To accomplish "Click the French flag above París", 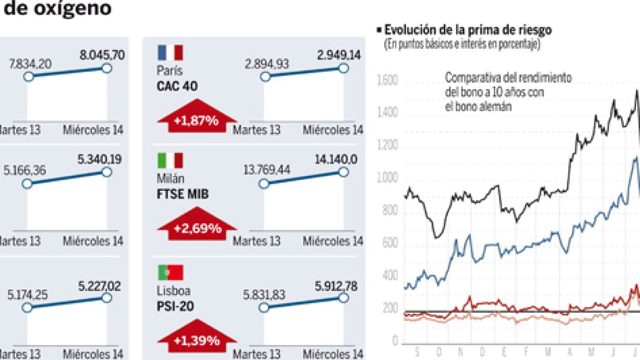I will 170,52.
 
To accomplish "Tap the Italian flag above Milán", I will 170,160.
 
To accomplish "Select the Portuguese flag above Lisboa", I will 170,272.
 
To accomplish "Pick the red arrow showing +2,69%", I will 197,225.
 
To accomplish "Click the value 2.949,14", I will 339,55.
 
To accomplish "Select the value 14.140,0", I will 336,160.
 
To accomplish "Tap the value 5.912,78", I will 336,286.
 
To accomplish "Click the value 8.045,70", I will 102,55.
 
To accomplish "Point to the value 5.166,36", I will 25,170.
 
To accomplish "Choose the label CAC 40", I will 177,86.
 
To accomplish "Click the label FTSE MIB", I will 182,194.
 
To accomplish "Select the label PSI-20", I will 175,306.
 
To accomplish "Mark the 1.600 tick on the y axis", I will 387,80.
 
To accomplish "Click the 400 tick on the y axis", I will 390,275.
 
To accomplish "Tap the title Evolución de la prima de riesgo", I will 468,30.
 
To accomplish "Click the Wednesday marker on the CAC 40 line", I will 343,68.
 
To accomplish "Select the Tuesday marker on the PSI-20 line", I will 264,308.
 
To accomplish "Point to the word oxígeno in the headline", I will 72,8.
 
